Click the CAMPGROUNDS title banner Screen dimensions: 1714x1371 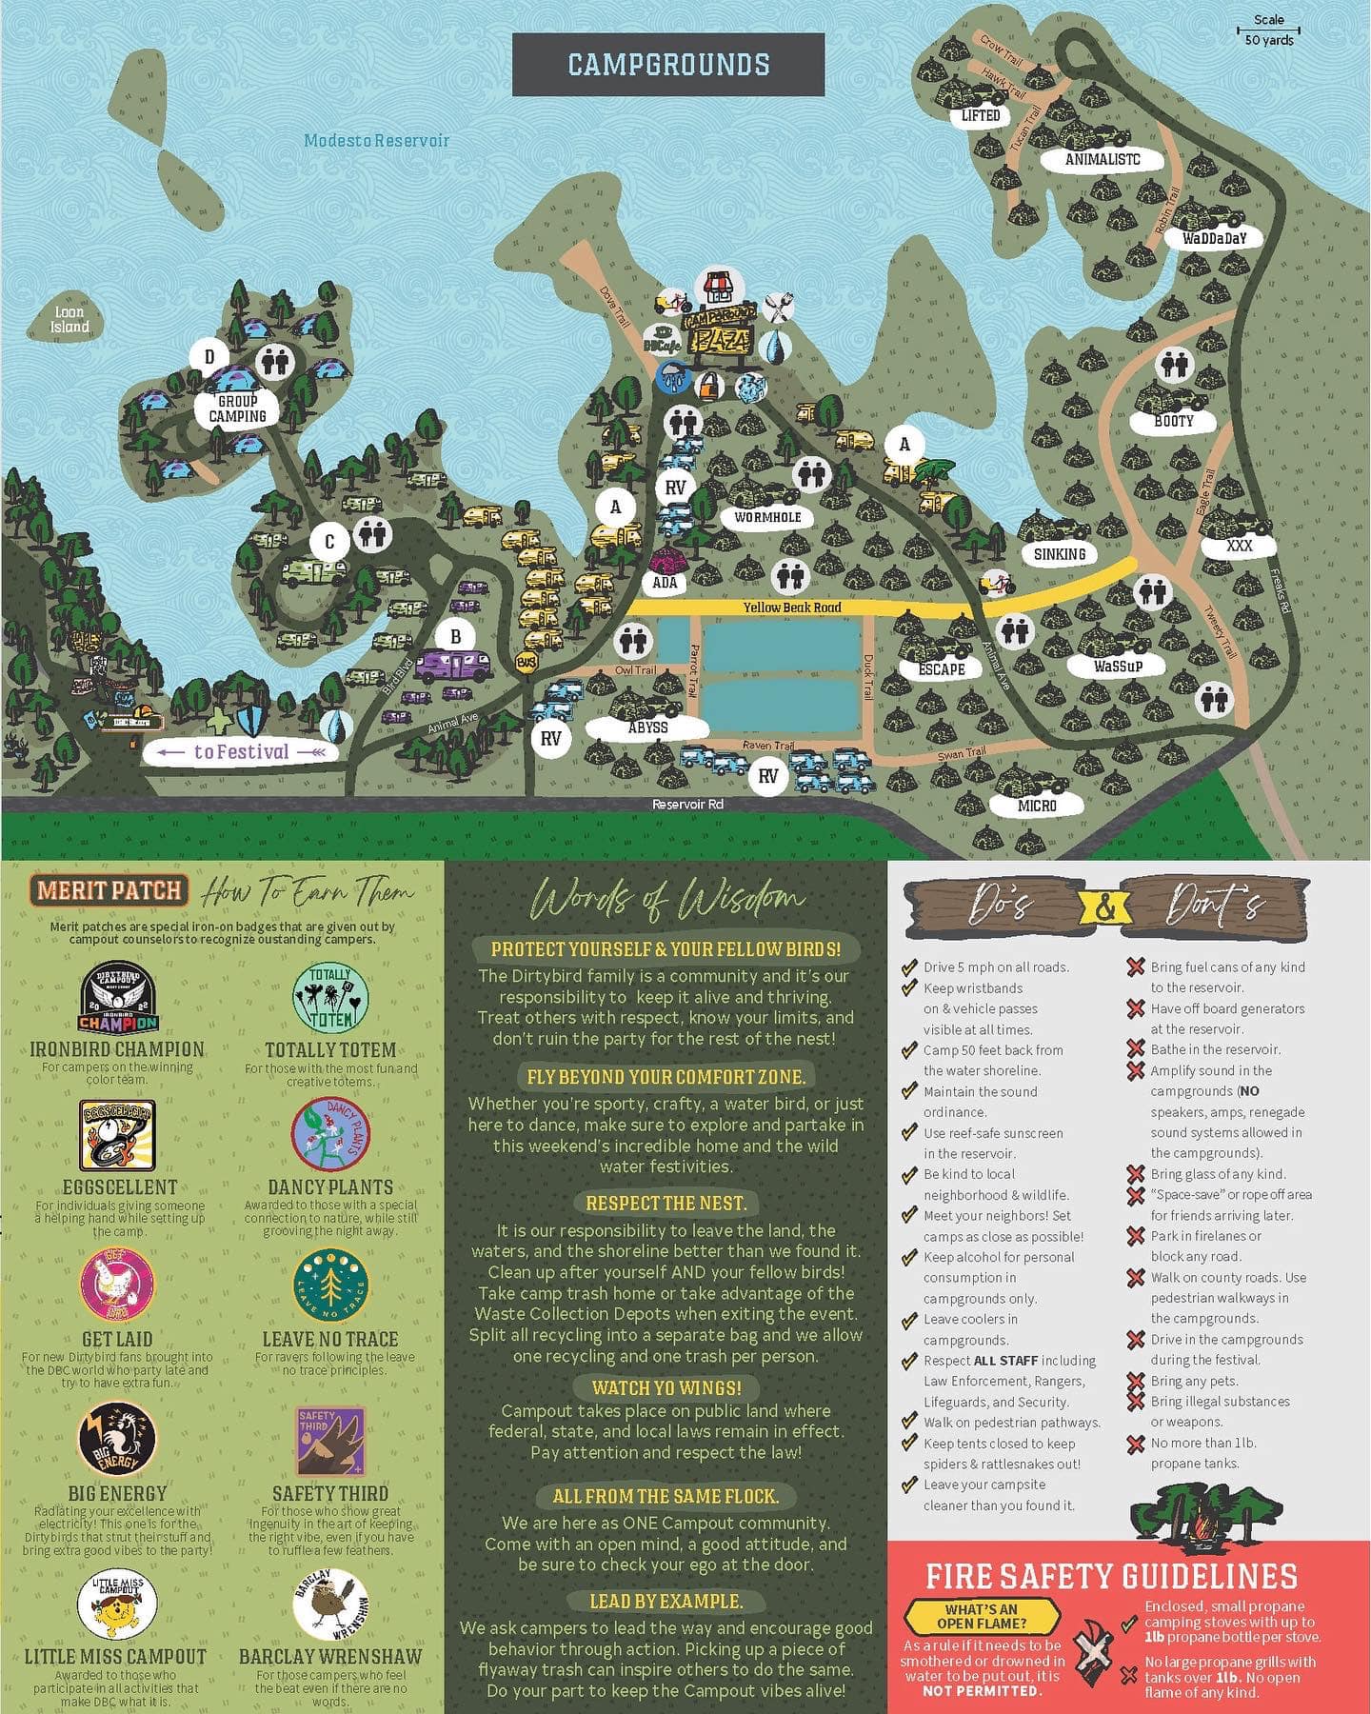(668, 65)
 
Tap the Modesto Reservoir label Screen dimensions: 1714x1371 (376, 141)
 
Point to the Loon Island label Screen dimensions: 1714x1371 (70, 319)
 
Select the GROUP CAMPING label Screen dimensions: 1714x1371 (237, 409)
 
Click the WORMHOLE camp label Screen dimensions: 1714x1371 (767, 518)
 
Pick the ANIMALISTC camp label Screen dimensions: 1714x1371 (1103, 160)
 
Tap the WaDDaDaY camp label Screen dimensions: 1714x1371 (1214, 238)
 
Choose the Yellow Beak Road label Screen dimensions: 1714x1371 (792, 608)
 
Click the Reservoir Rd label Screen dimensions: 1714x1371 (687, 805)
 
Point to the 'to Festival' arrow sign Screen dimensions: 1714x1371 (241, 752)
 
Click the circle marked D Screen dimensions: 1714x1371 (209, 358)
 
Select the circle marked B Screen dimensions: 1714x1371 (455, 637)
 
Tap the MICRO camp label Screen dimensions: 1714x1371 (1037, 806)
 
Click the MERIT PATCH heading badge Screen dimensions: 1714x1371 (109, 891)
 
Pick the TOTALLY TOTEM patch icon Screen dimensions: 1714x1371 (330, 999)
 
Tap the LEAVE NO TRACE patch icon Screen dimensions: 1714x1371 (330, 1285)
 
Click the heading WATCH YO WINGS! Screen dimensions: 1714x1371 (666, 1387)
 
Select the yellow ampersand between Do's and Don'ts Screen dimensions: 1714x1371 (1104, 908)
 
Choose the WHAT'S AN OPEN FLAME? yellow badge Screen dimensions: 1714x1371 (982, 1616)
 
